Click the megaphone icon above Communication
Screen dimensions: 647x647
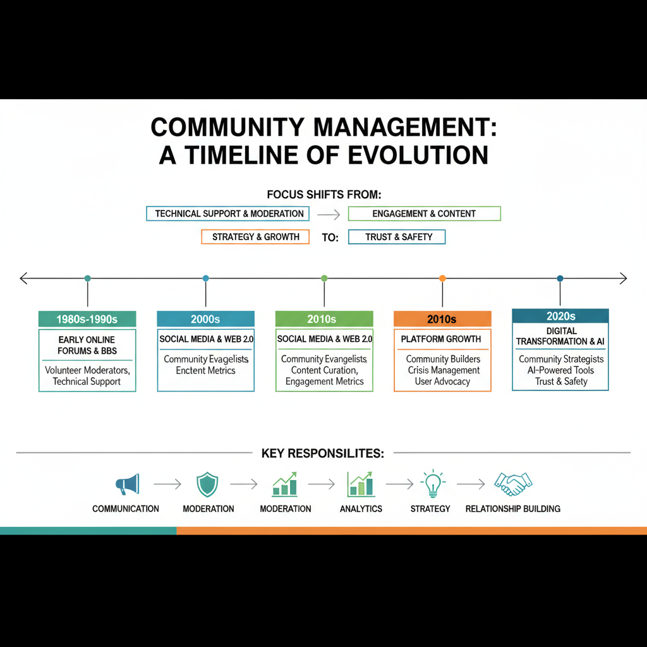127,485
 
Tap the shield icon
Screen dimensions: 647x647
208,485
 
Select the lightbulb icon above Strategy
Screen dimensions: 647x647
433,484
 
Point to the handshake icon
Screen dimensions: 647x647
512,485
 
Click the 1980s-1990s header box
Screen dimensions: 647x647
87,319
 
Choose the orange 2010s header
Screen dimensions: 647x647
442,319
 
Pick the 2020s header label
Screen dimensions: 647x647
560,316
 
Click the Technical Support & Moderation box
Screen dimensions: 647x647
229,214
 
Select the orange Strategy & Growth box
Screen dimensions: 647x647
255,237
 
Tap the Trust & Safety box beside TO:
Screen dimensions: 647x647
397,237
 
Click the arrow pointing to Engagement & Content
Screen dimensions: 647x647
329,214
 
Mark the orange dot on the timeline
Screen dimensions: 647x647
442,278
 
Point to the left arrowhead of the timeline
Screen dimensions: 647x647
23,278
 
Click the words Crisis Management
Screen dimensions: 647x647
443,370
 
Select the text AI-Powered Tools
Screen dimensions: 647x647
560,370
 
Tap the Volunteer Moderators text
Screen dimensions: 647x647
87,370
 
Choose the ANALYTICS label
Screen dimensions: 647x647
361,509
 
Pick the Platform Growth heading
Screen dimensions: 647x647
441,339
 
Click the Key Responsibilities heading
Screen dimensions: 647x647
323,453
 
